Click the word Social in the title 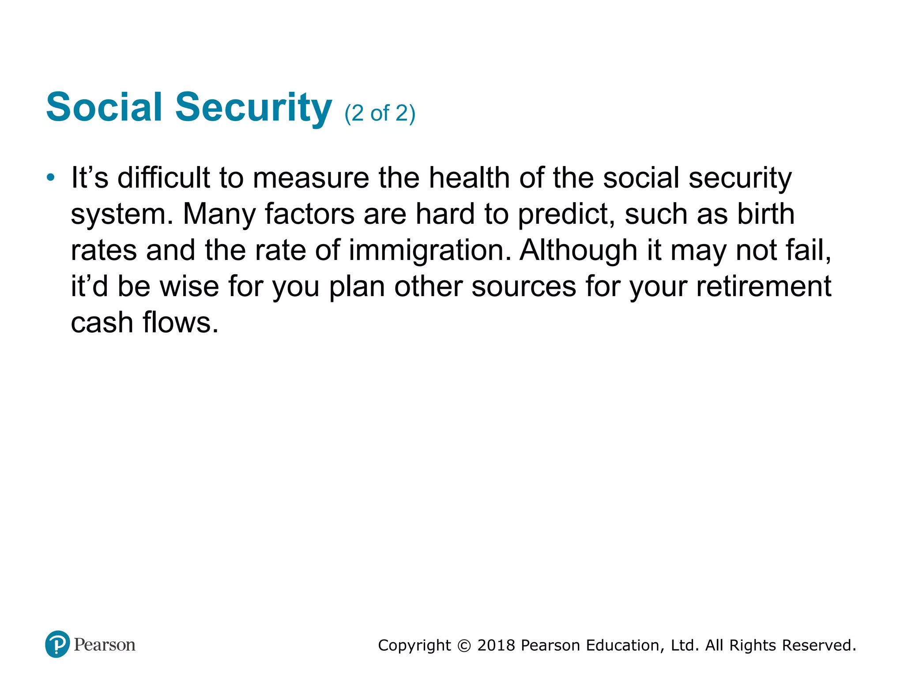click(104, 107)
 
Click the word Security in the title click(253, 107)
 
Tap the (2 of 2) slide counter click(380, 113)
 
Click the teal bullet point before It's click(51, 178)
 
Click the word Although click(578, 250)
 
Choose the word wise click(189, 286)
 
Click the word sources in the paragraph click(524, 286)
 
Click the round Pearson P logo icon click(57, 644)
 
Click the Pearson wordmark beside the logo click(105, 645)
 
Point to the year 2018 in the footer click(496, 645)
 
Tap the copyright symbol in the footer click(464, 646)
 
